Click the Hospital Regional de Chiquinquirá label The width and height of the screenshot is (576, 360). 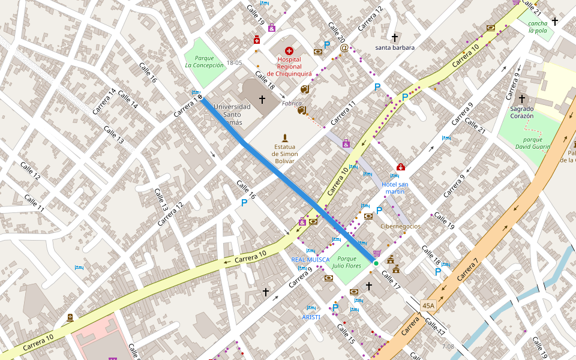(x=289, y=66)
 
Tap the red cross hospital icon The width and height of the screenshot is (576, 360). (x=289, y=52)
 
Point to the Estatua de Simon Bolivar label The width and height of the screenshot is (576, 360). (x=285, y=154)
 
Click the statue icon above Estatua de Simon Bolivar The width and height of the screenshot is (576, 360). (x=285, y=138)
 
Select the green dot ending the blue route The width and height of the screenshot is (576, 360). (x=376, y=263)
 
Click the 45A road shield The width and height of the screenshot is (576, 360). (x=428, y=305)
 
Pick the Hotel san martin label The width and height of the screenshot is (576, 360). (x=395, y=188)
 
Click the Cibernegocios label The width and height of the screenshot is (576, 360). (x=400, y=226)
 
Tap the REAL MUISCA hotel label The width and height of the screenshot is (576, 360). (x=310, y=260)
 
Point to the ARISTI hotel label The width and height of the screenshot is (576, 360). (x=311, y=317)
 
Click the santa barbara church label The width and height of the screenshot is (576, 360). (x=395, y=47)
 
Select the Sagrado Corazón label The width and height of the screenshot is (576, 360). (x=521, y=112)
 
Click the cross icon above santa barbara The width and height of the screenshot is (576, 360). (x=395, y=37)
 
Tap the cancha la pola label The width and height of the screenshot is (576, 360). (x=538, y=27)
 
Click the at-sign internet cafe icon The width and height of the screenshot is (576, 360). (x=344, y=47)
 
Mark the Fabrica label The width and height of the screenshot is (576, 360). (x=292, y=103)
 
